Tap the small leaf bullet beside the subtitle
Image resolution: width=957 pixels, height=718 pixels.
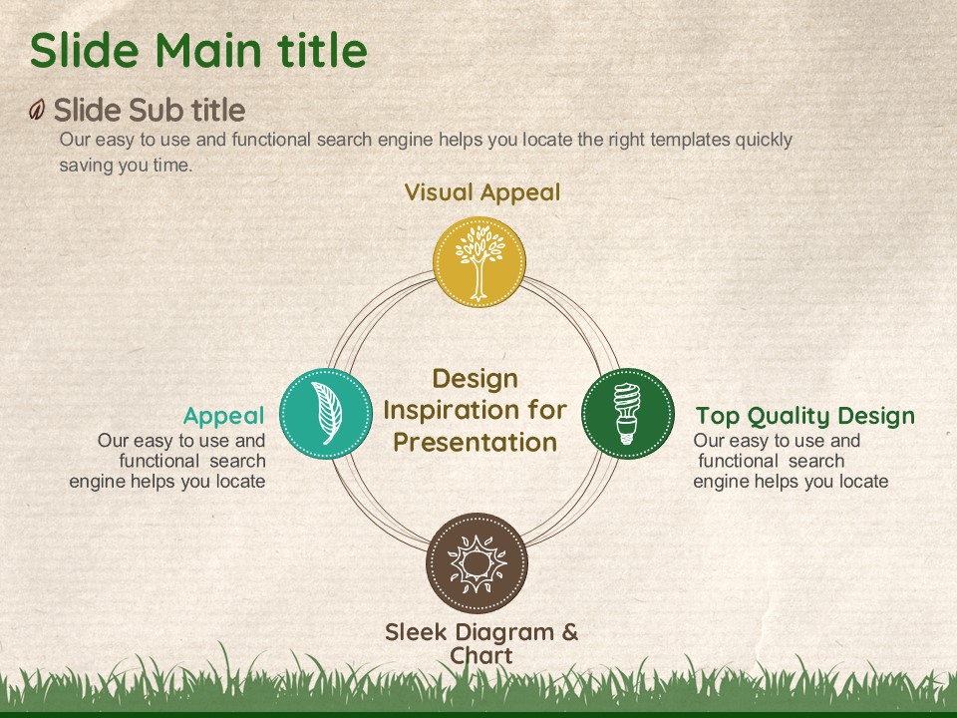[x=37, y=110]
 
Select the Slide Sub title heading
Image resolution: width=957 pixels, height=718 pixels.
[x=150, y=110]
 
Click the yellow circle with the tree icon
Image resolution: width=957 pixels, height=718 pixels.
[x=479, y=262]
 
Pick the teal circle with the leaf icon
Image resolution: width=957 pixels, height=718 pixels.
[x=326, y=413]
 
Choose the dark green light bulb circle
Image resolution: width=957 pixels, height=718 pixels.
[x=627, y=413]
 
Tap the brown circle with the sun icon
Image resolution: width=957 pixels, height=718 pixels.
[x=477, y=562]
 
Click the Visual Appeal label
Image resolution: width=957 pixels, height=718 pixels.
[x=482, y=192]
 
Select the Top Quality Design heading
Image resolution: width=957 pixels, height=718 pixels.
[x=805, y=416]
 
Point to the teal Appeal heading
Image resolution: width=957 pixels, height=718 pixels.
[x=224, y=416]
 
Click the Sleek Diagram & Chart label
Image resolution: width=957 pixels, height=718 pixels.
[x=481, y=643]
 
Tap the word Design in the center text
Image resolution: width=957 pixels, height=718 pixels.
[x=475, y=379]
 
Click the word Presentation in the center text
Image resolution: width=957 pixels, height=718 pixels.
[x=475, y=442]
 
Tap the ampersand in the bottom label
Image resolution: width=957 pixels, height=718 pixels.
[x=570, y=632]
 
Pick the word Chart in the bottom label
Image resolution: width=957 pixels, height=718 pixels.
[x=480, y=656]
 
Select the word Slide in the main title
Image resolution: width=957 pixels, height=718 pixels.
[x=84, y=50]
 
